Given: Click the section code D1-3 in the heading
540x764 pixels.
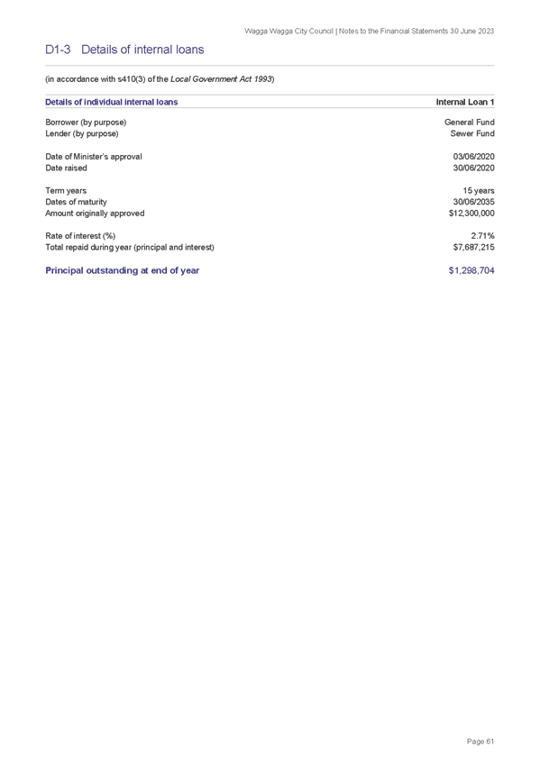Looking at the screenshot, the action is point(58,50).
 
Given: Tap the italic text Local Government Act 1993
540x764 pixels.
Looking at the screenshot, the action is point(221,79).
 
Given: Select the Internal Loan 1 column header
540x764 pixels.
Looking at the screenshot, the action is point(465,102).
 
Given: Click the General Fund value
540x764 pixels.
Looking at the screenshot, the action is point(470,123).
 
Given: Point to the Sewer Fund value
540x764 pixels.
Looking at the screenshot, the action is point(472,133).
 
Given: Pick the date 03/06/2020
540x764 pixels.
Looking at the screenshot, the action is point(473,157).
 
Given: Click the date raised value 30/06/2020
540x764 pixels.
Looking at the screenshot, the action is point(473,168).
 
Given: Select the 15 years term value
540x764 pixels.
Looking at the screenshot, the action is point(479,191).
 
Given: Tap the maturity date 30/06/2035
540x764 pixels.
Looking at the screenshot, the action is point(473,202).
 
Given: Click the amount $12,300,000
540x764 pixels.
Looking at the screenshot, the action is point(471,214).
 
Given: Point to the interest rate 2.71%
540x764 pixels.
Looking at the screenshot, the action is point(482,236).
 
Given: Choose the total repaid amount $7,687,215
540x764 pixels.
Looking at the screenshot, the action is point(473,248).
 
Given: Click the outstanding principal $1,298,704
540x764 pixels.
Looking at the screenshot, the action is point(471,270).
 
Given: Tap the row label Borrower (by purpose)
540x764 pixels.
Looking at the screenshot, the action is point(86,123).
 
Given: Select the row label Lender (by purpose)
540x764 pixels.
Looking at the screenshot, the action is point(82,133).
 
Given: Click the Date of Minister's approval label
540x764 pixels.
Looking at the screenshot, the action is point(94,157).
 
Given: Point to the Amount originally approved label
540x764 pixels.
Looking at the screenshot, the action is point(95,214).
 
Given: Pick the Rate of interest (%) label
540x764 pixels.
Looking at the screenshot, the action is point(80,236).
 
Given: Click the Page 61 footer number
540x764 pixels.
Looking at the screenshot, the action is point(481,741).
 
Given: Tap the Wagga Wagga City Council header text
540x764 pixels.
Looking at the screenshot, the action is point(289,32).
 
